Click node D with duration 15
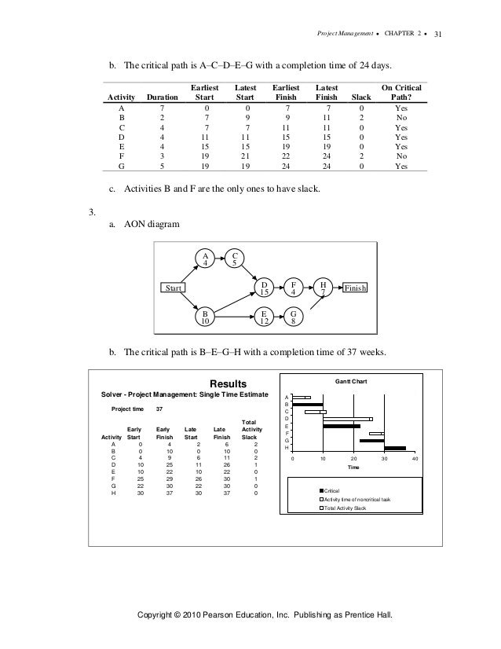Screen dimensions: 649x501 click(265, 288)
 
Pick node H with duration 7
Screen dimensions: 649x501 click(323, 288)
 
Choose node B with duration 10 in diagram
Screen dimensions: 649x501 click(206, 317)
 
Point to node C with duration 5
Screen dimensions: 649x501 click(234, 258)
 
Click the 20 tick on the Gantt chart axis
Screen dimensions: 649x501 click(353, 459)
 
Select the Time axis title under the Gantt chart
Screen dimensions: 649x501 click(353, 469)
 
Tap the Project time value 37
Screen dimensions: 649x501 click(159, 409)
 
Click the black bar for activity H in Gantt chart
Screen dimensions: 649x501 click(395, 449)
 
